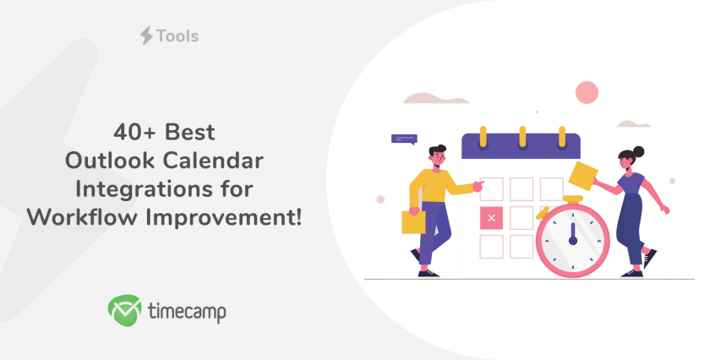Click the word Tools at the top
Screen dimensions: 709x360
pyautogui.click(x=177, y=35)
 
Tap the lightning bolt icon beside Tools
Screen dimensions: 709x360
pyautogui.click(x=146, y=35)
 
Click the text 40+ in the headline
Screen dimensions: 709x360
pyautogui.click(x=134, y=133)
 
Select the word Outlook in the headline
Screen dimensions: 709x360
pyautogui.click(x=111, y=161)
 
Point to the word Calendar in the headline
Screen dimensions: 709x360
pyautogui.click(x=213, y=161)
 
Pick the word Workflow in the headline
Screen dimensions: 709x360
pyautogui.click(x=82, y=217)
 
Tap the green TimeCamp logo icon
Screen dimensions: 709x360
pyautogui.click(x=124, y=310)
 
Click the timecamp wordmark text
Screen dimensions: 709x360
pyautogui.click(x=188, y=312)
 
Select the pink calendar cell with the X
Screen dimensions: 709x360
pyautogui.click(x=491, y=218)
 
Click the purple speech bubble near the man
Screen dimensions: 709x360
pyautogui.click(x=404, y=139)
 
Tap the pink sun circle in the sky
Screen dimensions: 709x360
pyautogui.click(x=587, y=93)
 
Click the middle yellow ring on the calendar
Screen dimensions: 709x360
pyautogui.click(x=523, y=136)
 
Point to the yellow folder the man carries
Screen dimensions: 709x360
pyautogui.click(x=413, y=222)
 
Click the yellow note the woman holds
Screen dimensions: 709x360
pyautogui.click(x=583, y=176)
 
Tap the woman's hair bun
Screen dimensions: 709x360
pyautogui.click(x=638, y=151)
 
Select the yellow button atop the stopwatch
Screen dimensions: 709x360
pyautogui.click(x=573, y=199)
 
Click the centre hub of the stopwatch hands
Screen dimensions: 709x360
pyautogui.click(x=573, y=241)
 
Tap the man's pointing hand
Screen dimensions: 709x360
pyautogui.click(x=478, y=185)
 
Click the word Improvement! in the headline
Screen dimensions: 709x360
pyautogui.click(x=223, y=217)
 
